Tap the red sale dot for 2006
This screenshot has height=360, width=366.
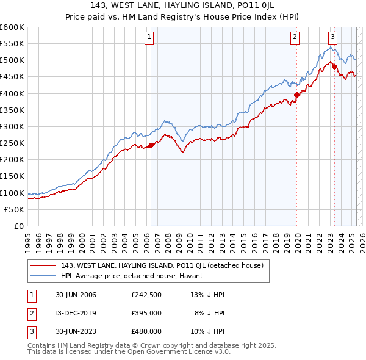(151, 145)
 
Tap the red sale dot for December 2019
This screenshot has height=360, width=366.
(297, 95)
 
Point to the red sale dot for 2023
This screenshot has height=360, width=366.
(335, 67)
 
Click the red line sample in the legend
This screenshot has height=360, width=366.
(43, 265)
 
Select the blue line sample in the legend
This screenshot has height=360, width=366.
(43, 276)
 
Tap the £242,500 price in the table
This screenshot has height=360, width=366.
(146, 295)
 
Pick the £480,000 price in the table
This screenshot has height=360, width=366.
(146, 331)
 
